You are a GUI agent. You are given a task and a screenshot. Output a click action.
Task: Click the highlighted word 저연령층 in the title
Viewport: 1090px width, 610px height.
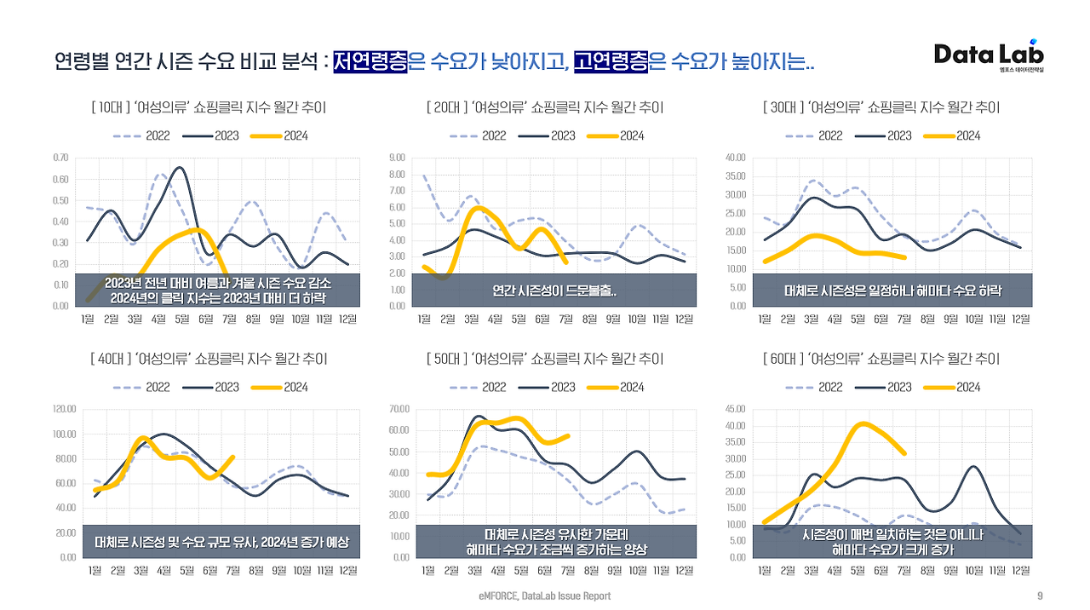(370, 60)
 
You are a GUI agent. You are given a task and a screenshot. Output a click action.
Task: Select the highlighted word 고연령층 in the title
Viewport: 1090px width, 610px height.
(611, 60)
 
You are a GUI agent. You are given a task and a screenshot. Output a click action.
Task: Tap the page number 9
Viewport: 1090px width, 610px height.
(1040, 596)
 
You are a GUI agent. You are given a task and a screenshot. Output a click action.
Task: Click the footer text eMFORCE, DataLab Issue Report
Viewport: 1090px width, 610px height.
(544, 596)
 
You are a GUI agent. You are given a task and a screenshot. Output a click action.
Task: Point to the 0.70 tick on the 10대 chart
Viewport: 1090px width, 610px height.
(60, 158)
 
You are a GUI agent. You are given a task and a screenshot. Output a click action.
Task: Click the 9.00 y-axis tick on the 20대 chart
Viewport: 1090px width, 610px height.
(397, 158)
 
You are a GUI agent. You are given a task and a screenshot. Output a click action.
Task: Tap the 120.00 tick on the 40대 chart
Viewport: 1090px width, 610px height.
(65, 410)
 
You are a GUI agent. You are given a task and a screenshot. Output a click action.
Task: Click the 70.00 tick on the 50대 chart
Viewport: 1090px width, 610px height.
(399, 410)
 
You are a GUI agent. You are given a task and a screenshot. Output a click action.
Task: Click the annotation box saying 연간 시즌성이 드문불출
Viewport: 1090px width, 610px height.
(554, 291)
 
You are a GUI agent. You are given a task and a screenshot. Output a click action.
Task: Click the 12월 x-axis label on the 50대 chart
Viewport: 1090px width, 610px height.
(684, 570)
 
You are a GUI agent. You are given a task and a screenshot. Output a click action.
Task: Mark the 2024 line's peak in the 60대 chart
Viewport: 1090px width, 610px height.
(863, 423)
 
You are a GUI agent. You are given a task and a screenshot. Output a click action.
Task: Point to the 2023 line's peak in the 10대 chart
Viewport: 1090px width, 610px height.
(179, 168)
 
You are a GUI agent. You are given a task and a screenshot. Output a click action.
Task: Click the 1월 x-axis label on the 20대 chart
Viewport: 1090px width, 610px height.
(424, 319)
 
